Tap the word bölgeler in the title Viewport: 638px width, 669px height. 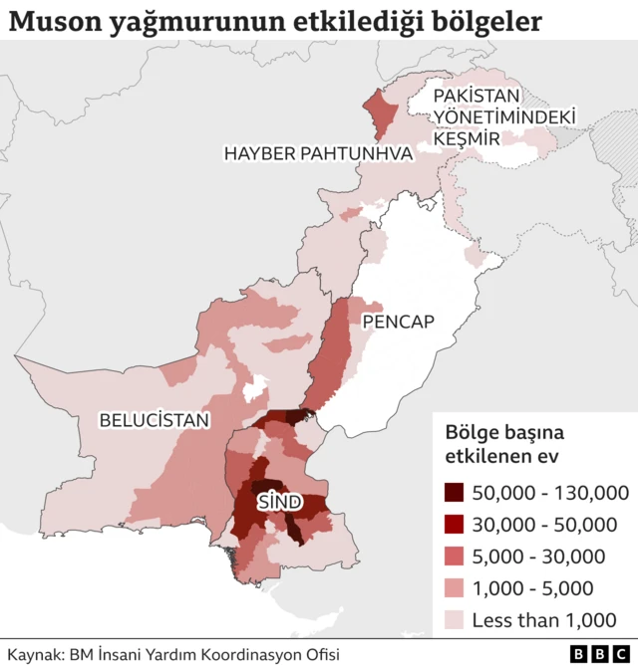(487, 21)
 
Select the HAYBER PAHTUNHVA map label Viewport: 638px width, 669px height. (318, 153)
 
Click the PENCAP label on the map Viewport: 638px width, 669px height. (399, 322)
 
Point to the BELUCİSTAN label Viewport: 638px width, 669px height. (155, 421)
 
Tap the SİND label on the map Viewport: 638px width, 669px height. (279, 503)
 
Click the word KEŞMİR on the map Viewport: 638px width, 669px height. (467, 139)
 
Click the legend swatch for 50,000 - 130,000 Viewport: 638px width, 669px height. (455, 493)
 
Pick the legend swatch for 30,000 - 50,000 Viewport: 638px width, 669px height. (455, 525)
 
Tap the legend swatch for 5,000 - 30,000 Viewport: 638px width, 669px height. (455, 557)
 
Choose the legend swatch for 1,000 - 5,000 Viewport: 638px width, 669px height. (455, 588)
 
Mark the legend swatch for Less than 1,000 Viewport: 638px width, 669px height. (455, 620)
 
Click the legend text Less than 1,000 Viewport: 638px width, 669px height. (544, 620)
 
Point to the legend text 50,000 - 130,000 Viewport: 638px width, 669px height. (550, 493)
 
